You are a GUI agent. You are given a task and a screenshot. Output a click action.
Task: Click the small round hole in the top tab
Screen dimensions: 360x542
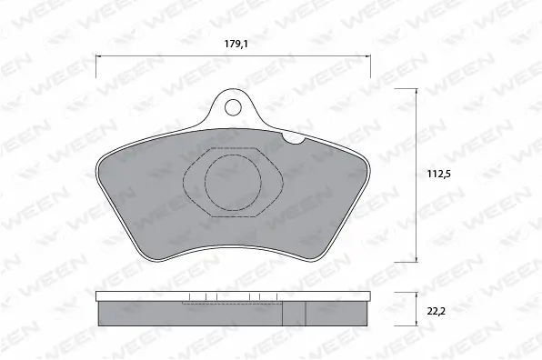pos(232,107)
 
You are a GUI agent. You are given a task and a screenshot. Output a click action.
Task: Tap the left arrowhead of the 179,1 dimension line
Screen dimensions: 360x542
pos(99,55)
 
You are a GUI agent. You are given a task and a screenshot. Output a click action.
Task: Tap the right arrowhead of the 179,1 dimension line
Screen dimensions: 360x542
pos(369,55)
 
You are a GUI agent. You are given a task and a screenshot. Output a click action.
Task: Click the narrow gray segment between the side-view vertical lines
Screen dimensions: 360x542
pos(293,313)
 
